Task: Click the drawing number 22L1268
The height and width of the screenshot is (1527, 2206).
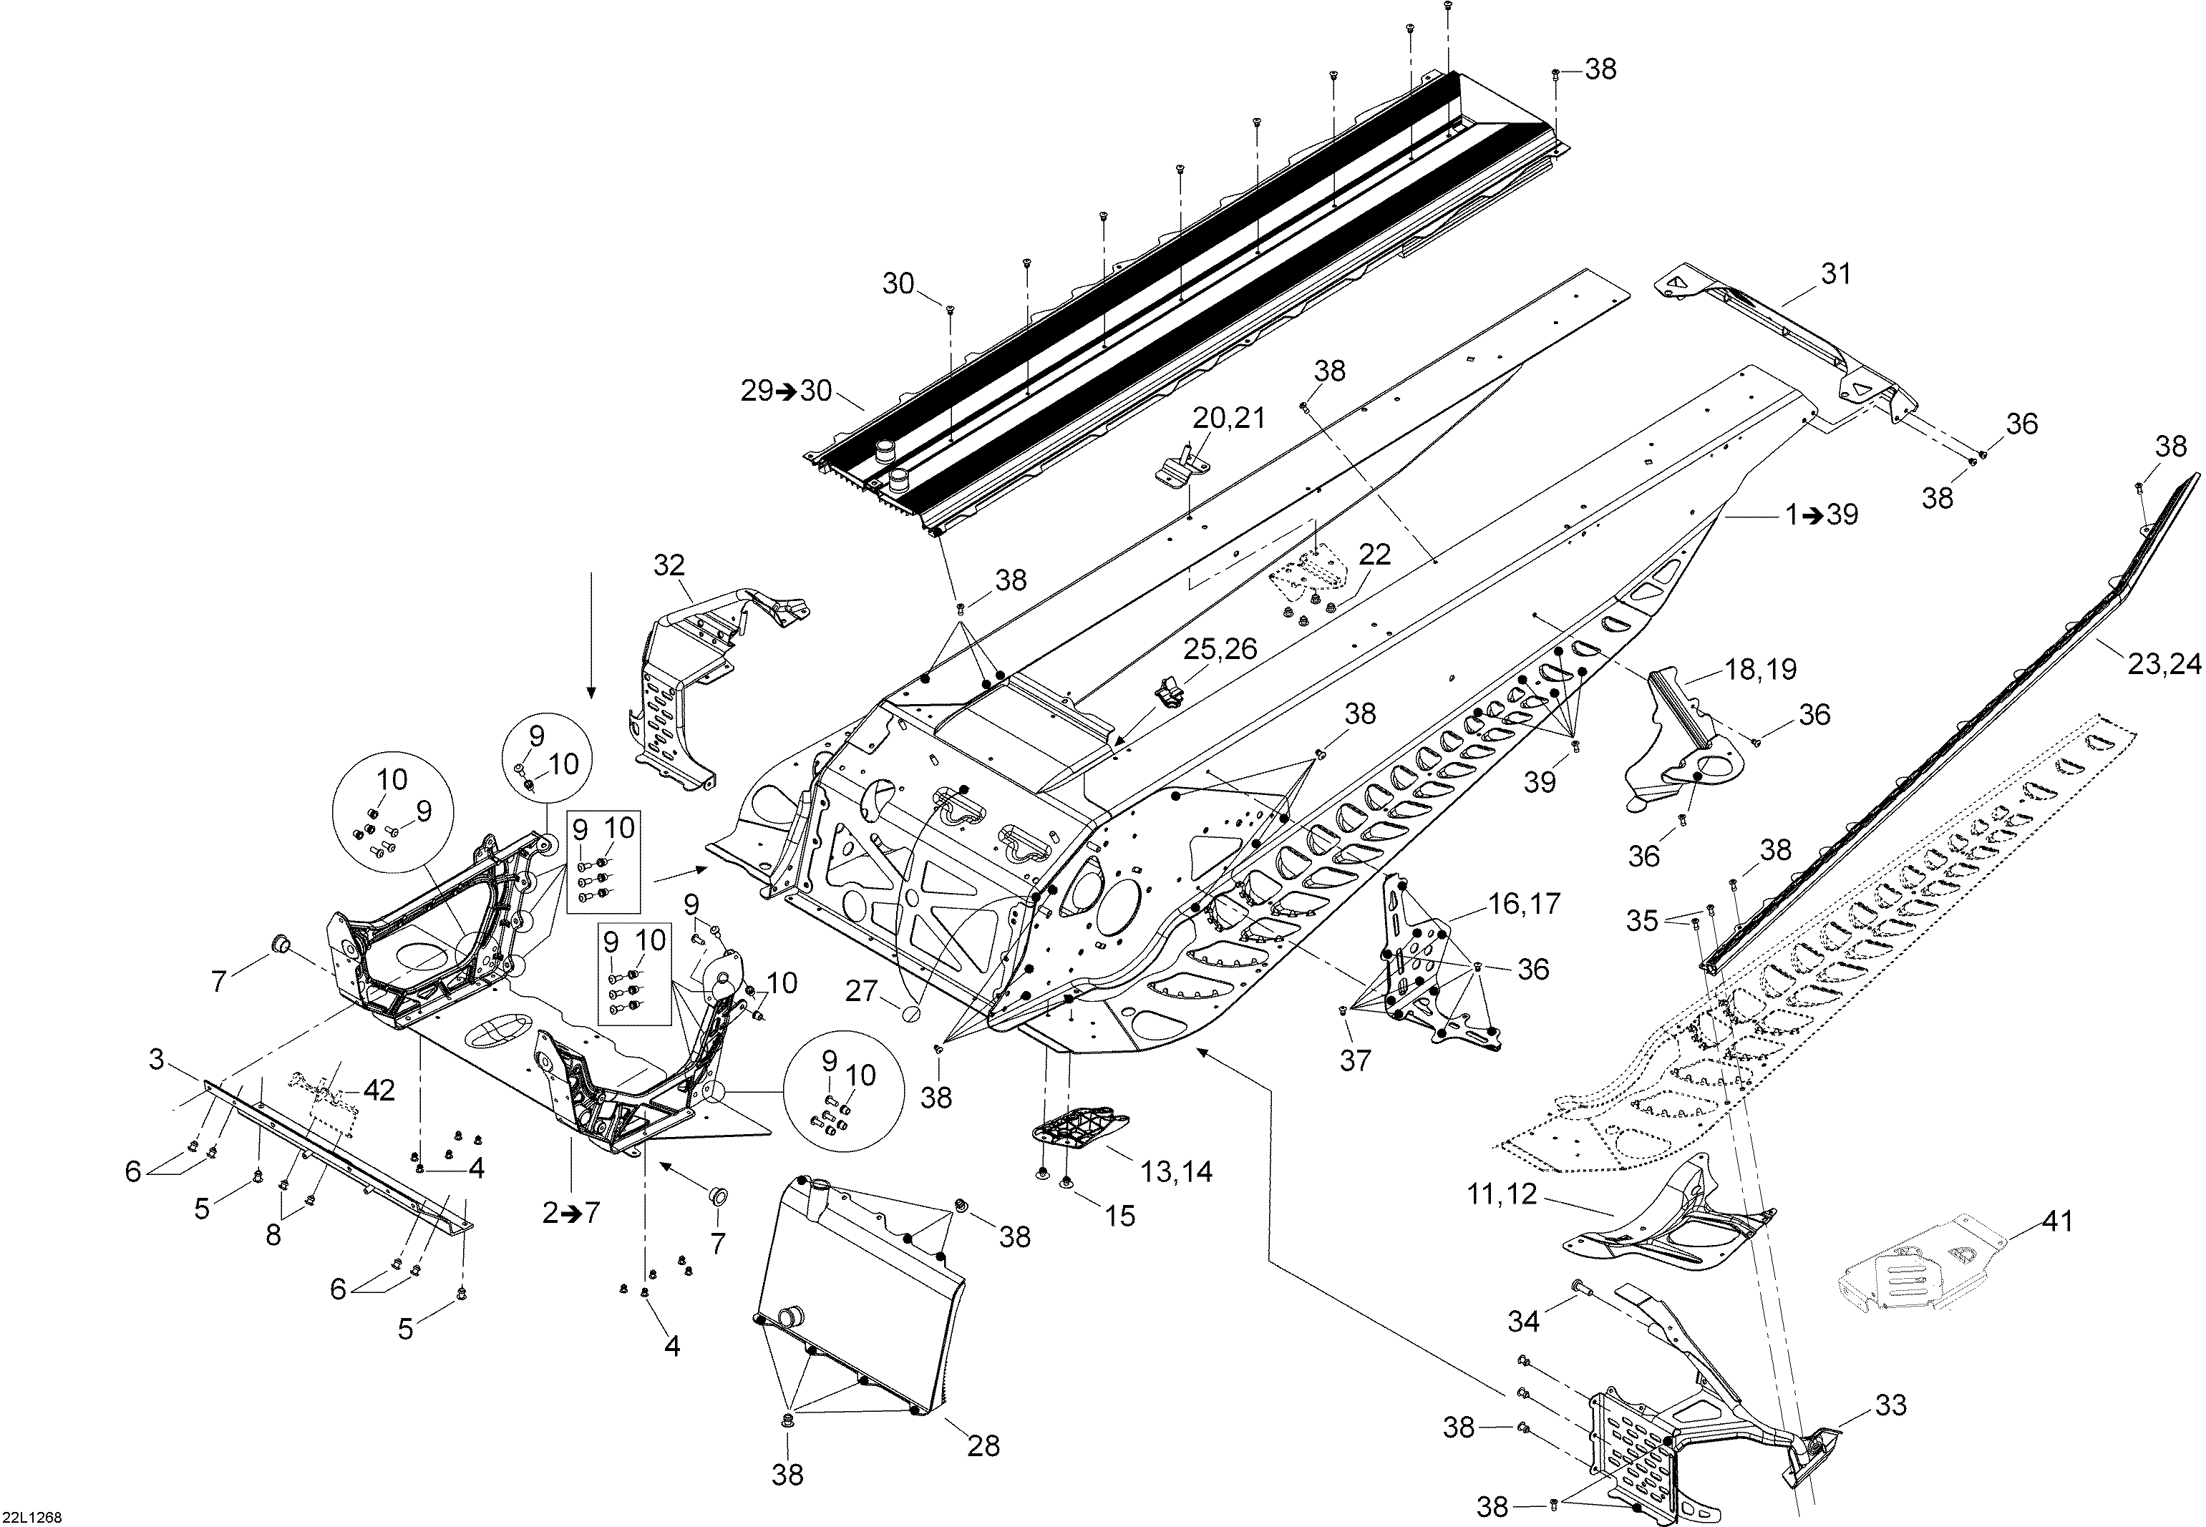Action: pos(32,1516)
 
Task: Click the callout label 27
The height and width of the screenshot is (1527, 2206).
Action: pos(861,990)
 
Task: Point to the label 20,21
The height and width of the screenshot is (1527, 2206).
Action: pos(1229,417)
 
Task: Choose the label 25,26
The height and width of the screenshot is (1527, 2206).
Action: pos(1219,649)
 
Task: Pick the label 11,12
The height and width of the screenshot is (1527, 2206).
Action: pos(1502,1194)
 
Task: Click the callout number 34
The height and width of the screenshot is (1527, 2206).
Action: pos(1524,1322)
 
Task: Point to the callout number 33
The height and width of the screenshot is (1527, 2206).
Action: pos(1890,1405)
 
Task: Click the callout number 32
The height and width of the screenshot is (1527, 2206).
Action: pos(670,565)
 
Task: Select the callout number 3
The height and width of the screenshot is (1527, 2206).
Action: pos(157,1059)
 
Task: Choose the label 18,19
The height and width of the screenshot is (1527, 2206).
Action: pos(1761,669)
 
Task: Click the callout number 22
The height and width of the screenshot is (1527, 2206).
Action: pos(1374,554)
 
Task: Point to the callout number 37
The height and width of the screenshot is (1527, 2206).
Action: pos(1355,1060)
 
